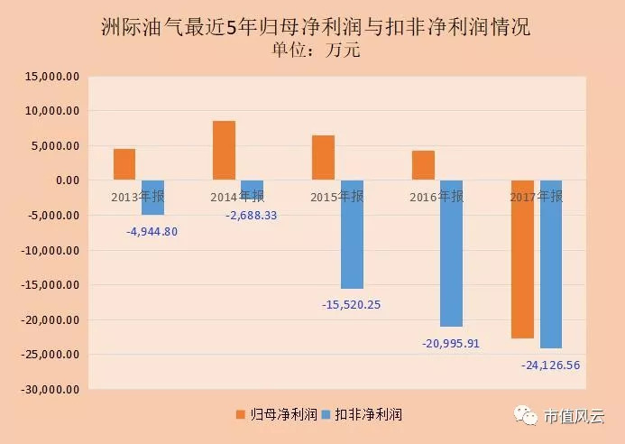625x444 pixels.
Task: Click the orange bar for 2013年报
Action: click(x=124, y=164)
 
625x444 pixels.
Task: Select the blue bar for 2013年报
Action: click(x=152, y=198)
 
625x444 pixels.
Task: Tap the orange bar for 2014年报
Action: click(x=224, y=151)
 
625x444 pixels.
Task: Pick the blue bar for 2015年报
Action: click(x=352, y=235)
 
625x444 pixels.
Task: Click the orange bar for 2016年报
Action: click(x=423, y=165)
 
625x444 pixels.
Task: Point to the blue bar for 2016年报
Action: click(x=451, y=254)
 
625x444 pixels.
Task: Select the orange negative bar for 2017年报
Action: click(x=522, y=259)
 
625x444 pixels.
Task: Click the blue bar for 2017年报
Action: click(x=550, y=264)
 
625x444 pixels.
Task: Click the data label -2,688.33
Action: click(x=252, y=216)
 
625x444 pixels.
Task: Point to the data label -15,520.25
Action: click(x=351, y=304)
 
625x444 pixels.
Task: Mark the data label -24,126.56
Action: click(x=550, y=365)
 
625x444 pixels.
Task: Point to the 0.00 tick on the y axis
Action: click(x=68, y=180)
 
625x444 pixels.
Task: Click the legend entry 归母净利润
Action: click(x=279, y=414)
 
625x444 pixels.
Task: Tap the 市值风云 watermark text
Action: click(x=573, y=416)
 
